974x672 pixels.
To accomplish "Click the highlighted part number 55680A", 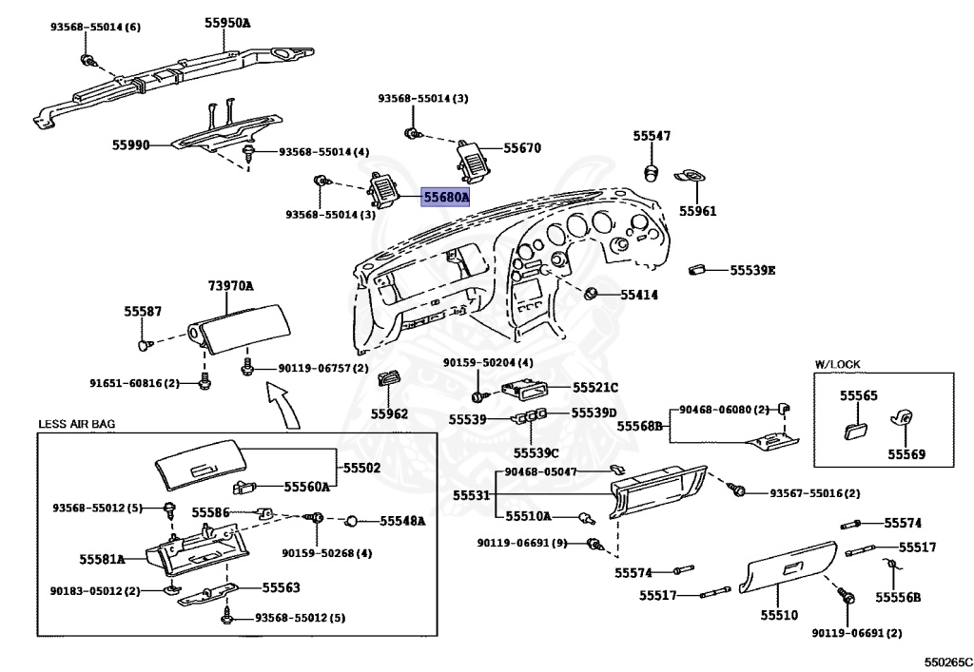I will [446, 198].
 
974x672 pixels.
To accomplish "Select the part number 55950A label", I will [226, 20].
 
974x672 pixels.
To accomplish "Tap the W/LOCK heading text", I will [834, 363].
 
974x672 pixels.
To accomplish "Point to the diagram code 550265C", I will [946, 660].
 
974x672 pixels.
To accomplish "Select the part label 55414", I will [639, 295].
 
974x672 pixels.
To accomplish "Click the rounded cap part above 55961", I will [653, 171].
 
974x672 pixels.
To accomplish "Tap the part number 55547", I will [652, 136].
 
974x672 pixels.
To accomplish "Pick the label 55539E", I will [753, 270].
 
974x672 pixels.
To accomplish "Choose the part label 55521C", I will [595, 387].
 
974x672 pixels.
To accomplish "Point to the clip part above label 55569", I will [901, 418].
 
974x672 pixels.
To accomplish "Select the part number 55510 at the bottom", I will [778, 616].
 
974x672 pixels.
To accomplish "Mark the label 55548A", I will [402, 521].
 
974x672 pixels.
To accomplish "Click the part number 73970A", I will [230, 285].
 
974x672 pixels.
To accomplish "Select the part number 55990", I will [131, 144].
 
